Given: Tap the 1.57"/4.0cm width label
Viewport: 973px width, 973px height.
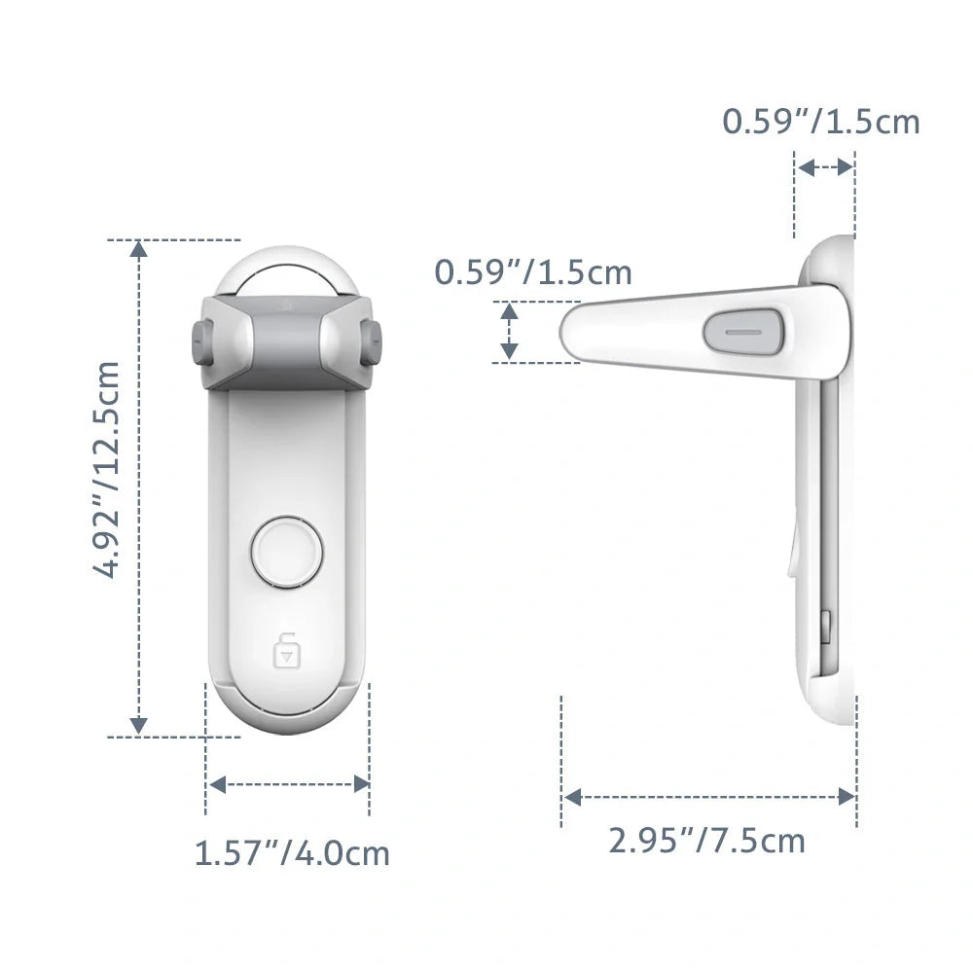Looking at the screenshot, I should (292, 853).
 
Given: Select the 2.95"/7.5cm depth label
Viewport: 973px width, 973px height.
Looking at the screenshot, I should (707, 839).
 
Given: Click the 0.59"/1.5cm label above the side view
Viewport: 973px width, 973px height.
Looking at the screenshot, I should (820, 122).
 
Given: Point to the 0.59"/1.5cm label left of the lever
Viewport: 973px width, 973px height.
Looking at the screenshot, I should (533, 272).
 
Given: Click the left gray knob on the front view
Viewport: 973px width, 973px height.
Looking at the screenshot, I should (200, 342).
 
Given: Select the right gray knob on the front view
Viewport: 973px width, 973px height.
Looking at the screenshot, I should (371, 342).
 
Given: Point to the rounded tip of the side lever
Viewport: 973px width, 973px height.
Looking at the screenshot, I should (572, 331).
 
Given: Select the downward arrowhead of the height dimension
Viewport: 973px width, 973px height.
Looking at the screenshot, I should (139, 725).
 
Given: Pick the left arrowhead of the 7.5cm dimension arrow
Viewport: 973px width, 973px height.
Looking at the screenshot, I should (573, 797).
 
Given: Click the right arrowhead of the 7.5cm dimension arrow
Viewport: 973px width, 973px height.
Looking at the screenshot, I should (847, 797).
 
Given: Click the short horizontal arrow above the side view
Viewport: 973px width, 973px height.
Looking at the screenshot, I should (825, 167).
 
